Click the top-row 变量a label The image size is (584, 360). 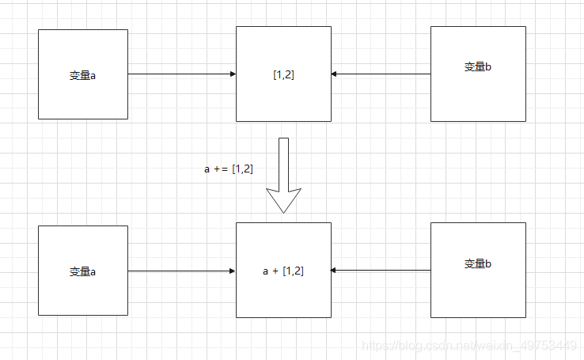pos(82,76)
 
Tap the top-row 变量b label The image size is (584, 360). pos(478,67)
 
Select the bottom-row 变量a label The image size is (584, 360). pos(82,271)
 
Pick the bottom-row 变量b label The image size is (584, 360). pos(478,263)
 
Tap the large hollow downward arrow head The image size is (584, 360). pos(283,199)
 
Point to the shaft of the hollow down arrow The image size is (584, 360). pos(283,162)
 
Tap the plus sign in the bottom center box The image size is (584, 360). pos(275,271)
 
